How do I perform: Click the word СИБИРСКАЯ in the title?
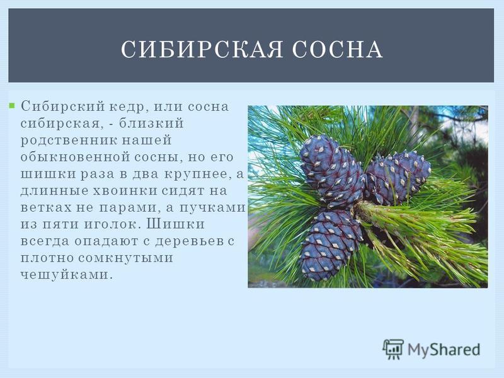tap(202, 49)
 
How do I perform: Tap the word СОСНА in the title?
tap(338, 49)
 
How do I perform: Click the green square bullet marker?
tap(12, 105)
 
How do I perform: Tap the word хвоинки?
tap(125, 191)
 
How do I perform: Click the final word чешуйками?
tap(67, 275)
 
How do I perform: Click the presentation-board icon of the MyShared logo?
tap(392, 349)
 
